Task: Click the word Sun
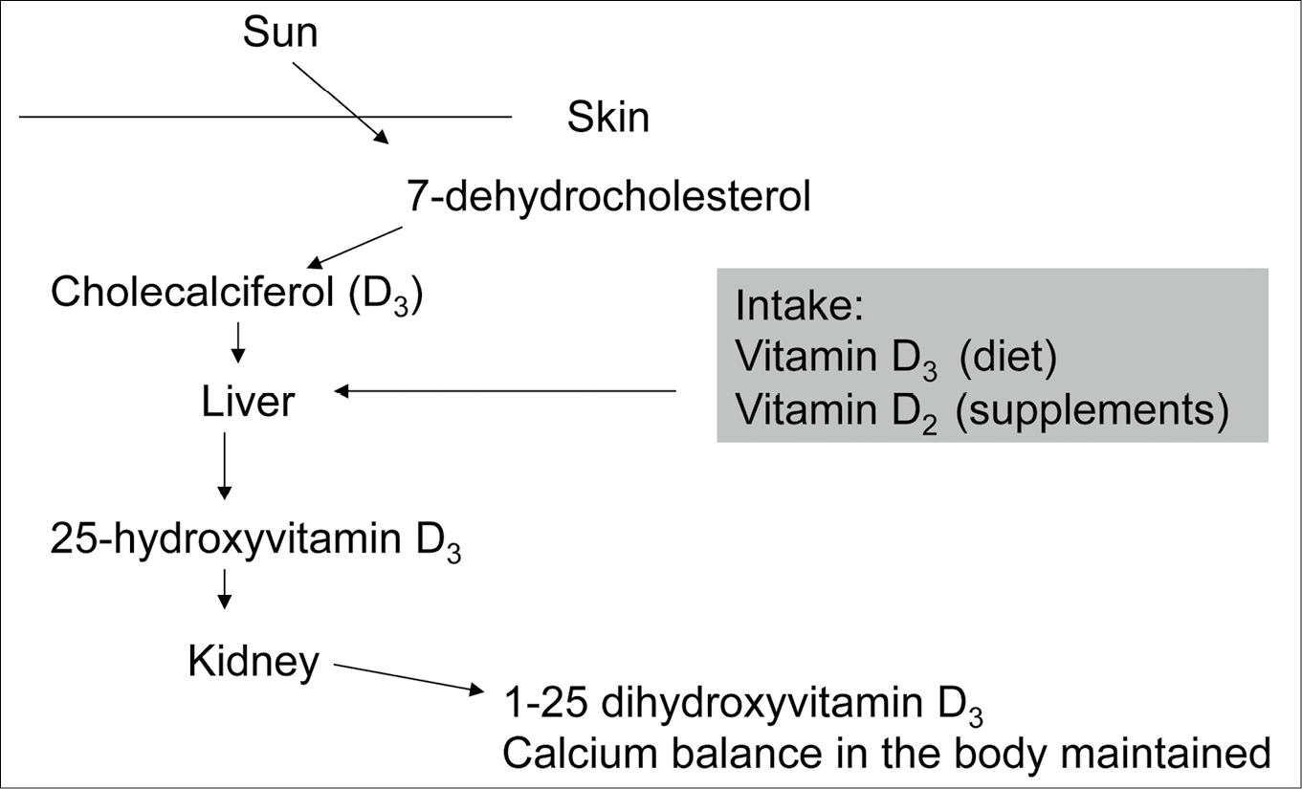coord(280,33)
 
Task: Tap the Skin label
coord(608,117)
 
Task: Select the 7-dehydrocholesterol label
coord(608,196)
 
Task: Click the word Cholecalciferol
coord(192,292)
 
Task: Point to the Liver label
coord(248,401)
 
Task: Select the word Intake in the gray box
coord(799,306)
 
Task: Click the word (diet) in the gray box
coord(1008,356)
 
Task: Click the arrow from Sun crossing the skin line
coord(341,103)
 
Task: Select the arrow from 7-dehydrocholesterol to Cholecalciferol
coord(355,248)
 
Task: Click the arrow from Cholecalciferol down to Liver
coord(238,343)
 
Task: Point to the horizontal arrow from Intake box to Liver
coord(505,391)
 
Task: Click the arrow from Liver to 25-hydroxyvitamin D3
coord(225,466)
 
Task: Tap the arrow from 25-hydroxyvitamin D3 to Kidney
coord(225,589)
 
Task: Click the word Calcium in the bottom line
coord(580,754)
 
